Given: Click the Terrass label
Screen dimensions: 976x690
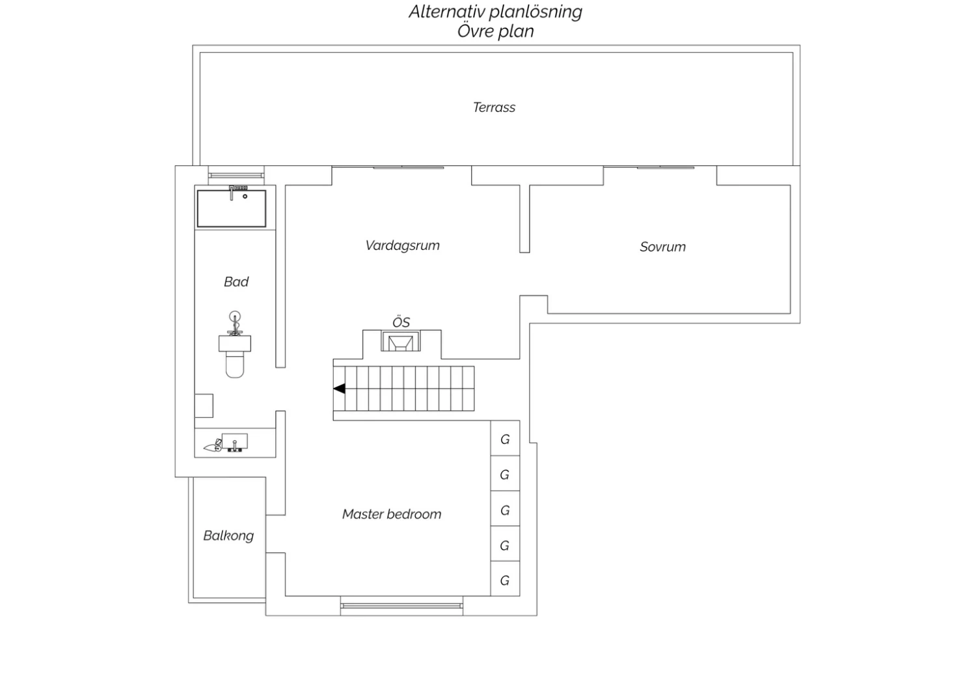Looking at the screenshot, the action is pyautogui.click(x=494, y=107).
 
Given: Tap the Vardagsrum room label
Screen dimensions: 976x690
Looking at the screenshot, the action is pyautogui.click(x=403, y=245).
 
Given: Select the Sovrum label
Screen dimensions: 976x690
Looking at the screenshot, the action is pyautogui.click(x=663, y=247).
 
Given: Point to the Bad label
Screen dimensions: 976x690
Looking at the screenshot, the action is pyautogui.click(x=236, y=282).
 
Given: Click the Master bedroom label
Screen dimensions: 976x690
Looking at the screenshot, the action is pyautogui.click(x=392, y=514).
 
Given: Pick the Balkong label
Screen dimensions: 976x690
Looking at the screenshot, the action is pyautogui.click(x=228, y=536).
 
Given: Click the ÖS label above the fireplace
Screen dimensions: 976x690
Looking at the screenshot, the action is pyautogui.click(x=401, y=322).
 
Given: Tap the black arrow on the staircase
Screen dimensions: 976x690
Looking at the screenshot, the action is pyautogui.click(x=340, y=389).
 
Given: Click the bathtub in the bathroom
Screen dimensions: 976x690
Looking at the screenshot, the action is pyautogui.click(x=232, y=208).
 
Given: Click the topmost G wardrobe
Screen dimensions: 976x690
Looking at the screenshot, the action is pyautogui.click(x=505, y=439).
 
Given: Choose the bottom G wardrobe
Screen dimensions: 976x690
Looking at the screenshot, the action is pyautogui.click(x=505, y=579).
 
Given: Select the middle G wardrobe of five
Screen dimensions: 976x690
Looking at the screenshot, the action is pyautogui.click(x=505, y=509).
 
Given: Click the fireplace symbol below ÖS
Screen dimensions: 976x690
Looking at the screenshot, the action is pyautogui.click(x=400, y=341).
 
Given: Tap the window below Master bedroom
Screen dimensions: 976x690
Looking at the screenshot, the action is pyautogui.click(x=401, y=606).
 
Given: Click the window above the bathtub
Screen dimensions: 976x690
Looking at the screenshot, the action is pyautogui.click(x=236, y=176).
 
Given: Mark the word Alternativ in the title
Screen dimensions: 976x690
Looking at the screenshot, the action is pyautogui.click(x=446, y=12).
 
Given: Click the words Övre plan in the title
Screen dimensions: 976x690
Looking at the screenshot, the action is pyautogui.click(x=495, y=31).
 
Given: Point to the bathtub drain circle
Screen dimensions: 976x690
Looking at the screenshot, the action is pyautogui.click(x=245, y=197).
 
